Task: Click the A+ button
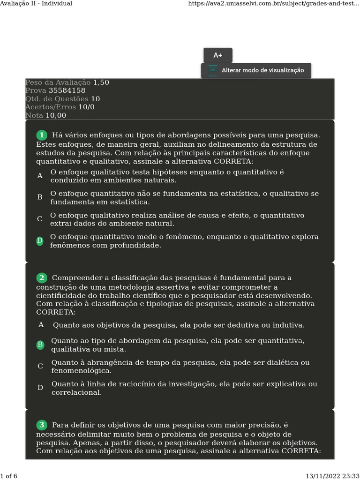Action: (x=217, y=55)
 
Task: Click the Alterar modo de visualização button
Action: (x=256, y=70)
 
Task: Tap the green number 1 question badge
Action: (x=42, y=135)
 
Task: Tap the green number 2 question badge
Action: (x=42, y=278)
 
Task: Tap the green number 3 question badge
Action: (x=42, y=425)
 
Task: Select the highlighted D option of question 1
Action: (x=40, y=240)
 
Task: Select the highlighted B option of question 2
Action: (x=40, y=345)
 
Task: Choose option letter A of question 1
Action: (x=40, y=176)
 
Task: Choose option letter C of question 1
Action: (x=40, y=219)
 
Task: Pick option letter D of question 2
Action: (x=40, y=388)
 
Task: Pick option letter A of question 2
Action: (x=41, y=324)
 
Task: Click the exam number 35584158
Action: (x=67, y=90)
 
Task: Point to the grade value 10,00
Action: (x=56, y=115)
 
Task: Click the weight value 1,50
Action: (x=101, y=82)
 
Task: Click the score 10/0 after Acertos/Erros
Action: (x=86, y=107)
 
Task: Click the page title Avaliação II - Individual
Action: (x=37, y=3)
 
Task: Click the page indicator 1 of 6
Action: (x=9, y=476)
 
